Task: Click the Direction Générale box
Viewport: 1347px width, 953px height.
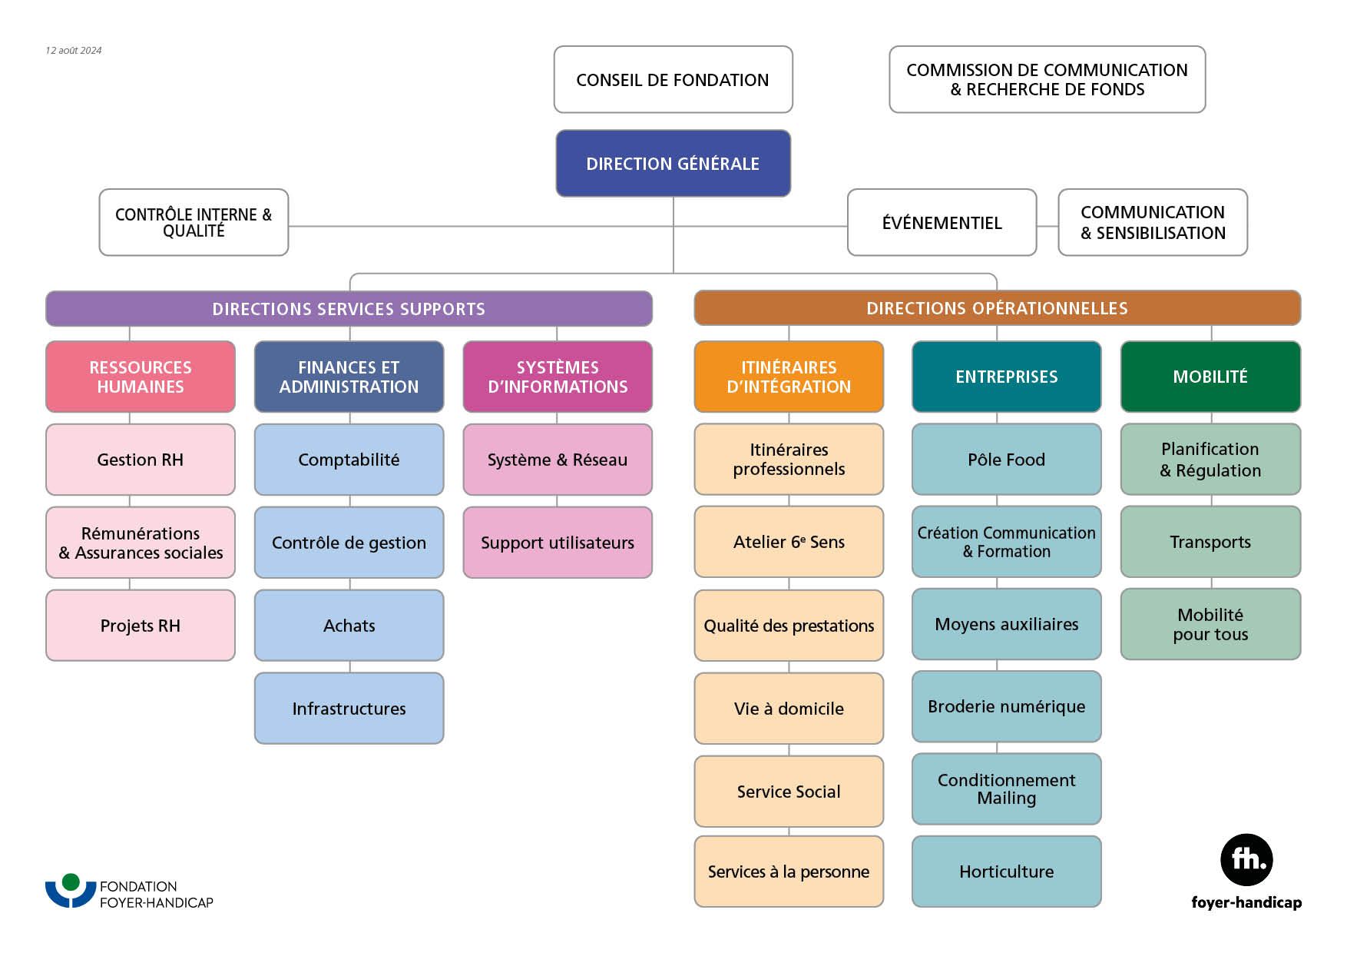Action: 673,164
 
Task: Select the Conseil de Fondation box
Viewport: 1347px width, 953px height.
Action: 673,80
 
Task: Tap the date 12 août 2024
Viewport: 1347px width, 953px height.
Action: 74,51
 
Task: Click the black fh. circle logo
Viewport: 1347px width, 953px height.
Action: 1246,860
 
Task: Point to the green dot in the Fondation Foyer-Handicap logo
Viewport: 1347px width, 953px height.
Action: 71,882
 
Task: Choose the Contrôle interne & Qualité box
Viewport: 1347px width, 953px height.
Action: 194,222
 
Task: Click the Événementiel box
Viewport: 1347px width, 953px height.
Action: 942,223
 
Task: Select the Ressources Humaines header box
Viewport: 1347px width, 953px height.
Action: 141,377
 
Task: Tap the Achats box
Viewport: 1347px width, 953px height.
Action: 349,626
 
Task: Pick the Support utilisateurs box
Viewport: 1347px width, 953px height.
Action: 558,543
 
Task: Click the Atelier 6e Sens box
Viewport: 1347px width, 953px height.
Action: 789,542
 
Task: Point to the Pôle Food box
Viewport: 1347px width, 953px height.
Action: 1006,460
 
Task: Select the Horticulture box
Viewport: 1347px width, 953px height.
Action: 1006,872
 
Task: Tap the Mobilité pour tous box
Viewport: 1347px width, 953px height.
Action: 1210,624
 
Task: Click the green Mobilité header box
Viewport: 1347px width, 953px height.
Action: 1210,377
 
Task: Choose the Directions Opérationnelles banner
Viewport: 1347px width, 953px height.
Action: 997,308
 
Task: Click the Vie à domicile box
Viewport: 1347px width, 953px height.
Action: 789,709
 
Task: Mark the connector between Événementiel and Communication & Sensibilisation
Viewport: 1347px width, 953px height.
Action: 1047,226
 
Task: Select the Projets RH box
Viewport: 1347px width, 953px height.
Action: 141,626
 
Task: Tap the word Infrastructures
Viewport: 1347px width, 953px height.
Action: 349,709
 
